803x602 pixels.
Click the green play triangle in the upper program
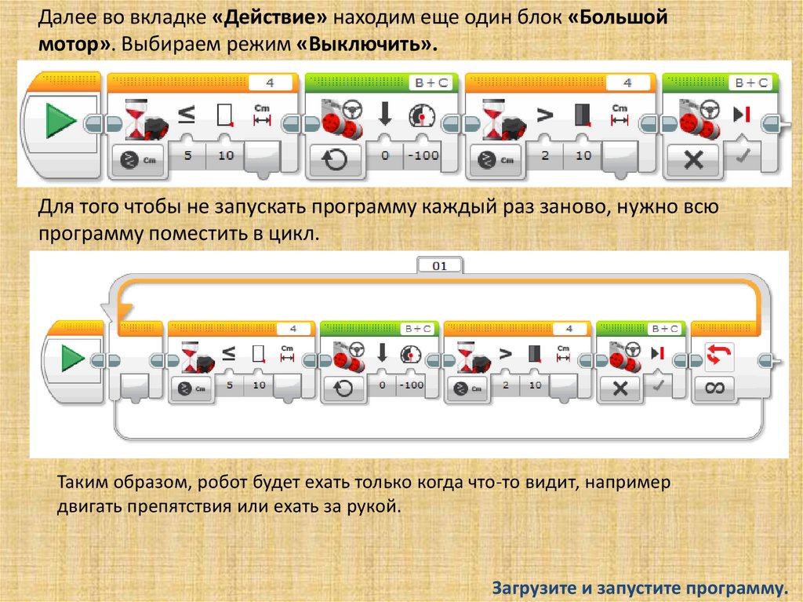click(x=60, y=121)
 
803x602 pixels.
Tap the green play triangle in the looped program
click(x=72, y=357)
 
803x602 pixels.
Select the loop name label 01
click(x=440, y=266)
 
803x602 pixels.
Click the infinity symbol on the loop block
click(x=715, y=388)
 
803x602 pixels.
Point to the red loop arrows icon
click(x=718, y=355)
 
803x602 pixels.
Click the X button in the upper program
click(x=693, y=160)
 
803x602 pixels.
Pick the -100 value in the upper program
click(x=423, y=155)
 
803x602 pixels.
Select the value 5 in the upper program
click(x=188, y=155)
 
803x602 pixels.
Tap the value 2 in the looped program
click(x=506, y=385)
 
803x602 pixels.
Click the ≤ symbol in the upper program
click(x=187, y=115)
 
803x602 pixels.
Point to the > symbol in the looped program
click(x=505, y=354)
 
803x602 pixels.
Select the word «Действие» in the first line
click(x=270, y=17)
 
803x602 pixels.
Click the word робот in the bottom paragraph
click(x=220, y=483)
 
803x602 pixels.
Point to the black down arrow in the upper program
click(x=385, y=114)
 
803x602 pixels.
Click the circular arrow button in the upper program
click(x=334, y=159)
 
